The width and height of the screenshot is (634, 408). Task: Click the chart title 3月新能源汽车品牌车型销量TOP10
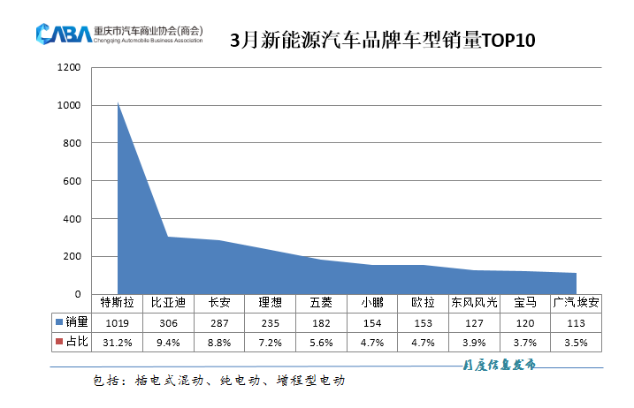click(383, 41)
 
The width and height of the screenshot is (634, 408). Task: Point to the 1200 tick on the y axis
click(69, 67)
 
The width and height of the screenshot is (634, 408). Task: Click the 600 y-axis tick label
click(72, 181)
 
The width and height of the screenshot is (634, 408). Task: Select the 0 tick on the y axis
click(78, 294)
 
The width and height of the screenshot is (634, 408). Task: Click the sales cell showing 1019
click(117, 322)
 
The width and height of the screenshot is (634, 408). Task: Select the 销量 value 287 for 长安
click(219, 322)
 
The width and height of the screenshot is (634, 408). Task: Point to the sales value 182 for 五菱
click(322, 322)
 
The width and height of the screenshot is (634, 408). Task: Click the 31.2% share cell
click(117, 342)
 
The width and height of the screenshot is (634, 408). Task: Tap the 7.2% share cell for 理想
click(271, 342)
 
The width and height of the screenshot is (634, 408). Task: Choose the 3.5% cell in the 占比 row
click(577, 342)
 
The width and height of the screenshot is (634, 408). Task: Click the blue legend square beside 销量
click(57, 322)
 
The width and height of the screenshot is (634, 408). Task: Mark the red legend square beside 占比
click(57, 342)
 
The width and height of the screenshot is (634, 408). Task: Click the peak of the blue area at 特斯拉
click(118, 103)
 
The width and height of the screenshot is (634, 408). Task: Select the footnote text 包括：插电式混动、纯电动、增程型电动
click(218, 381)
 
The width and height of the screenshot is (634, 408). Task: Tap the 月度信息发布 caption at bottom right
click(499, 365)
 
